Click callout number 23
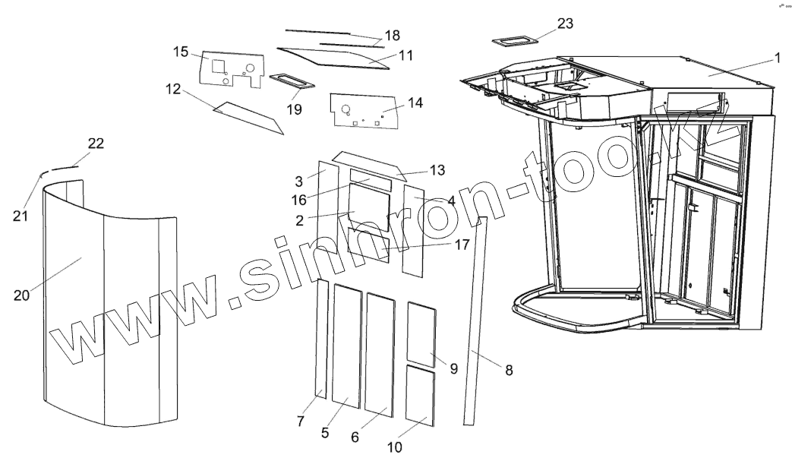pyautogui.click(x=565, y=24)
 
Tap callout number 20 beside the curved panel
pyautogui.click(x=21, y=295)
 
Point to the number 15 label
pyautogui.click(x=180, y=52)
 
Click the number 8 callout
pyautogui.click(x=508, y=370)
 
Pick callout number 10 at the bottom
pyautogui.click(x=394, y=447)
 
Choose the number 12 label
pyautogui.click(x=172, y=89)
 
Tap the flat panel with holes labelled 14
pyautogui.click(x=364, y=111)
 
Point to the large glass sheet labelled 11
pyautogui.click(x=334, y=58)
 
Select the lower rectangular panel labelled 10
pyautogui.click(x=419, y=393)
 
